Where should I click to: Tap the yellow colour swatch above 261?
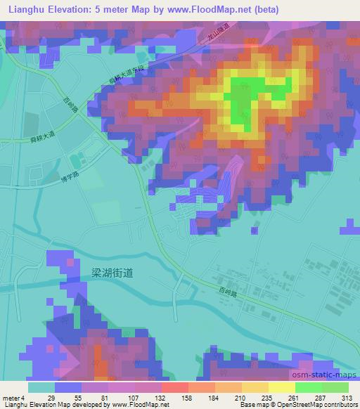pos(281,387)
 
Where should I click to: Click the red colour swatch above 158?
pos(174,387)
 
